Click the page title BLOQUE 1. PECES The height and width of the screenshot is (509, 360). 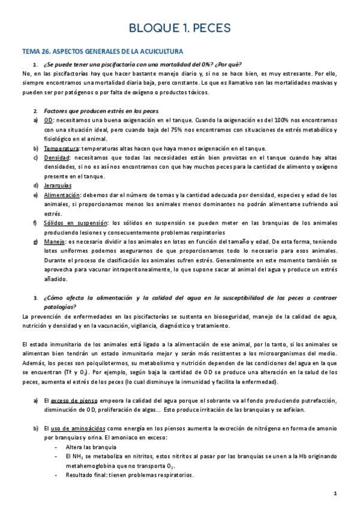click(180, 28)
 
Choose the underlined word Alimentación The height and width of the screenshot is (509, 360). click(63, 195)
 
